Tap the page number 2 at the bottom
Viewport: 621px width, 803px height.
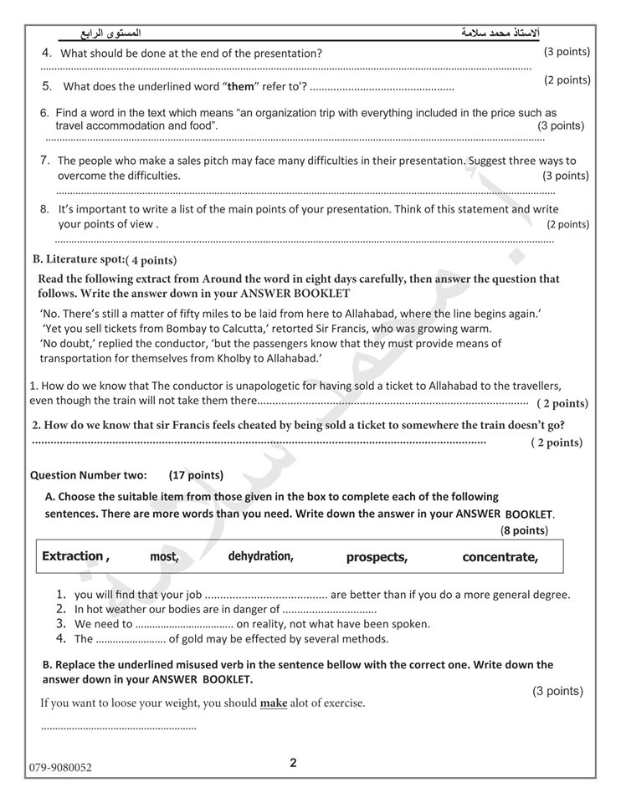coord(293,762)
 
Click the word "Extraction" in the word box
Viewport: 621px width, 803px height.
coord(73,556)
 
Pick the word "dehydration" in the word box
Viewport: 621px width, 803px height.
coord(260,556)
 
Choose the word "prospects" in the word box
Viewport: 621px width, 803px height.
coord(377,557)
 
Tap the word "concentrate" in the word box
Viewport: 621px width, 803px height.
coord(500,557)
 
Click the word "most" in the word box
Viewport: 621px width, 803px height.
coord(164,557)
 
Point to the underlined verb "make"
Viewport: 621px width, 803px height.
coord(274,703)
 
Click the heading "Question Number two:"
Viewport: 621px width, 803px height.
coord(89,475)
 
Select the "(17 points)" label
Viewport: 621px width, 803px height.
coord(196,475)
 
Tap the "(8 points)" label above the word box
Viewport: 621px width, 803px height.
coord(524,530)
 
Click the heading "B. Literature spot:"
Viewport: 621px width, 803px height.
coord(78,259)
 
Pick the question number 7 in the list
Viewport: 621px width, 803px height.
coord(46,160)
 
